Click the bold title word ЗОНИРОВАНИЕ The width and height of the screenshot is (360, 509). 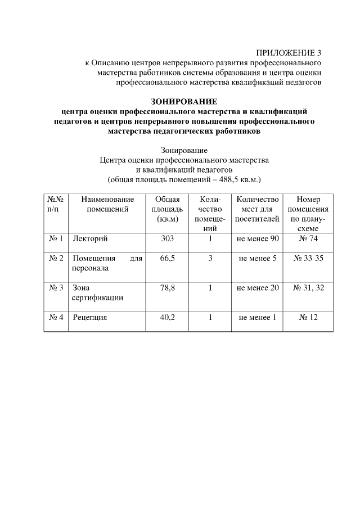[x=184, y=102]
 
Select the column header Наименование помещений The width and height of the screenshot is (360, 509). [x=107, y=204]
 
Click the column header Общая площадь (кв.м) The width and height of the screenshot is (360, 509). [x=168, y=209]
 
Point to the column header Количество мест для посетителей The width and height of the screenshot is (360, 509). [x=258, y=209]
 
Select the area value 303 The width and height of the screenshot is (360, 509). [x=168, y=239]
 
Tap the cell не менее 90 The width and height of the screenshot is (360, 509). [x=258, y=239]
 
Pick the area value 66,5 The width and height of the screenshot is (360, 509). [x=168, y=258]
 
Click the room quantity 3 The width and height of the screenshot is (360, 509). [x=210, y=258]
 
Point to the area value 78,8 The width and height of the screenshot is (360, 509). [x=168, y=288]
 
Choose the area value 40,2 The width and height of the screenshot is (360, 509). [x=168, y=317]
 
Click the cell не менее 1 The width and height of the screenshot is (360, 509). [x=258, y=317]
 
